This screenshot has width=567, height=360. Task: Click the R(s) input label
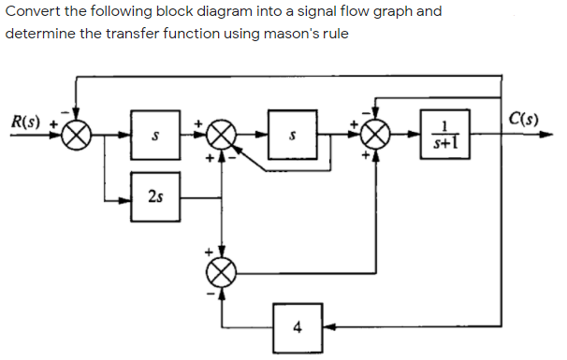point(26,122)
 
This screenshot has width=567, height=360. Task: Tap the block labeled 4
point(298,326)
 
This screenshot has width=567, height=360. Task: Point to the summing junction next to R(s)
point(78,137)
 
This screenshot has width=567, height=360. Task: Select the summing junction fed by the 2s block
point(223,137)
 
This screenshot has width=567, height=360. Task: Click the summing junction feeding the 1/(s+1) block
point(377,137)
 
